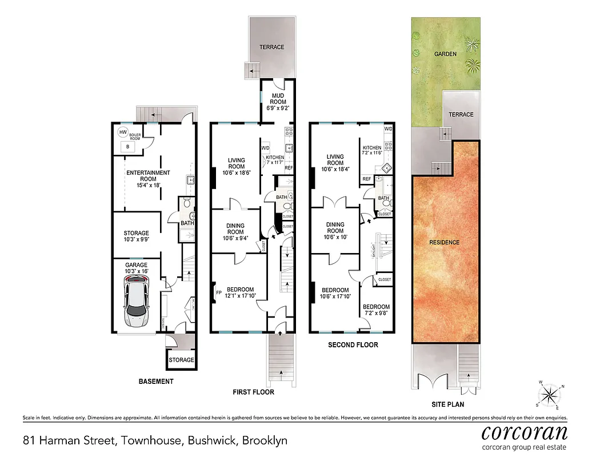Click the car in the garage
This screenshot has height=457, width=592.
(136, 300)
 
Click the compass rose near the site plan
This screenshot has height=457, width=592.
(551, 394)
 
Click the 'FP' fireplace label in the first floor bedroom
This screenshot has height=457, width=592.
(218, 294)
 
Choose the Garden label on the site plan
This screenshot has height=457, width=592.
(445, 54)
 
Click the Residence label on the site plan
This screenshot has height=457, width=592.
(444, 242)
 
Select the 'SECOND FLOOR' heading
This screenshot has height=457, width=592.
(353, 345)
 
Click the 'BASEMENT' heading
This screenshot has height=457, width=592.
(156, 382)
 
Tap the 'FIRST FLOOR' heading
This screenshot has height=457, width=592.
(253, 392)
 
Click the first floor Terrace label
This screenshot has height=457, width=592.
(271, 47)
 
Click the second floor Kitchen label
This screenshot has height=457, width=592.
(372, 150)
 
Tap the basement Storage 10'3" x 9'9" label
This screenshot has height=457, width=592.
(136, 236)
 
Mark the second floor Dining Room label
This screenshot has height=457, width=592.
(335, 227)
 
